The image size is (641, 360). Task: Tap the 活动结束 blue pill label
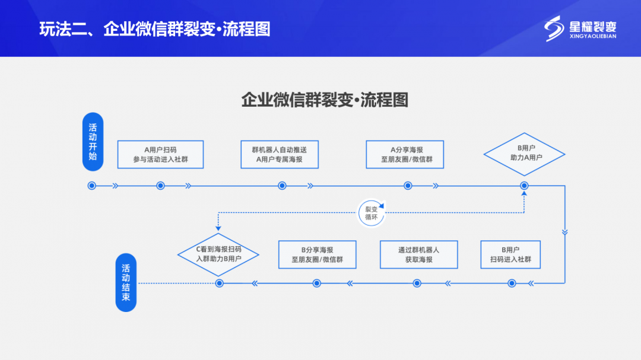click(126, 282)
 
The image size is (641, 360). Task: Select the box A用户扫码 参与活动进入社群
click(160, 154)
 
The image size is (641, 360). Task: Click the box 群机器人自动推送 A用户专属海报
click(282, 154)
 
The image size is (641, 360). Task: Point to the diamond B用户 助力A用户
click(524, 154)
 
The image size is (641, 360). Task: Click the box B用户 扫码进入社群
click(510, 254)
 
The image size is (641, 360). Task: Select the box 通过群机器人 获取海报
click(419, 254)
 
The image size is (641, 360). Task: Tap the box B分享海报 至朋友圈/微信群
click(317, 254)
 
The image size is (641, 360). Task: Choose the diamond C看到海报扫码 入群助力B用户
click(218, 254)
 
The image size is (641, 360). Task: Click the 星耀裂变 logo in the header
click(581, 28)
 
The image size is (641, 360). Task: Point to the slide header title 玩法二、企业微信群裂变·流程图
click(155, 29)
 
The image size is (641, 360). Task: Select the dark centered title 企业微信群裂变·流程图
click(325, 99)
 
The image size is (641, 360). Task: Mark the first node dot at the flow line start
click(92, 186)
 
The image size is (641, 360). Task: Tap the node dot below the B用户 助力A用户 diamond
click(524, 186)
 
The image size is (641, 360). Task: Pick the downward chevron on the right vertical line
click(564, 232)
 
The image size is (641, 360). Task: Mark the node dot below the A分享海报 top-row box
click(408, 186)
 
